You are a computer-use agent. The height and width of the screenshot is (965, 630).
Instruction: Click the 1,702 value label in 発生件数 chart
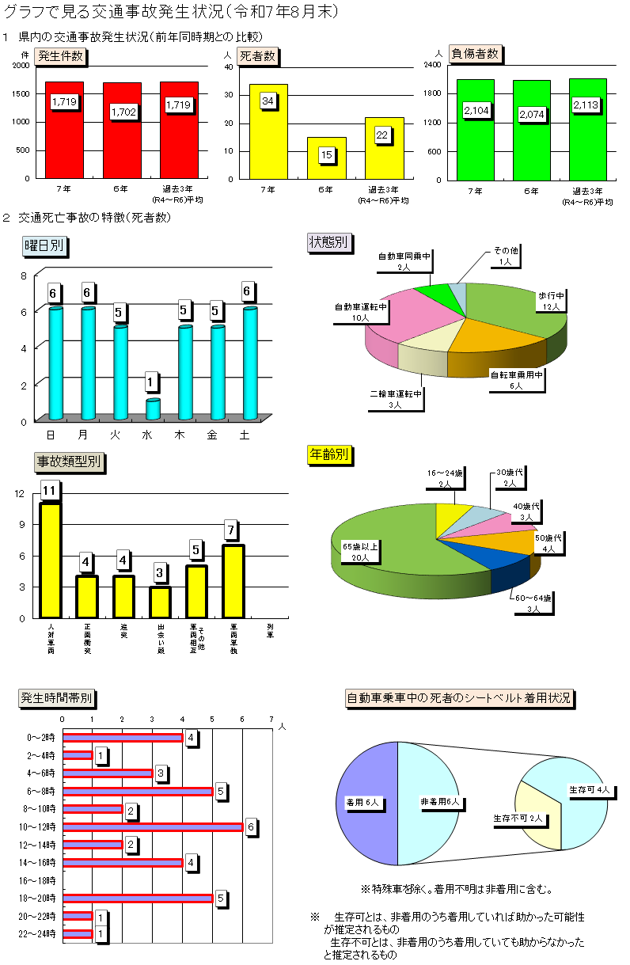tap(124, 112)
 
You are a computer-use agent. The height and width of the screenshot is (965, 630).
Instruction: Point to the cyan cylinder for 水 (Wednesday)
tap(153, 408)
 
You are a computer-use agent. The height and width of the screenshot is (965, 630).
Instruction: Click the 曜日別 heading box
tap(44, 247)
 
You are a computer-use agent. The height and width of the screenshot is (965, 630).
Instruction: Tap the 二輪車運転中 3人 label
tap(396, 398)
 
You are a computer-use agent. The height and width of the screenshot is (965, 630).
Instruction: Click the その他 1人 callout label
tap(506, 256)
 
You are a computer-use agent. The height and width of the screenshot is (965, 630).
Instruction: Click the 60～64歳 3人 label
tap(530, 603)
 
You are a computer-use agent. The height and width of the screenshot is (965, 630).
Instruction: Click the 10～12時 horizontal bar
tap(153, 827)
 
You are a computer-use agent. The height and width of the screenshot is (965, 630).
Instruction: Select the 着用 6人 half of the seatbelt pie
tap(366, 803)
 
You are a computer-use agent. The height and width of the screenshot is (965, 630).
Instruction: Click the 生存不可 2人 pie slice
tap(537, 815)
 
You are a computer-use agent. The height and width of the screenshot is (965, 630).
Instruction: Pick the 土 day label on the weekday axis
tap(245, 435)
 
